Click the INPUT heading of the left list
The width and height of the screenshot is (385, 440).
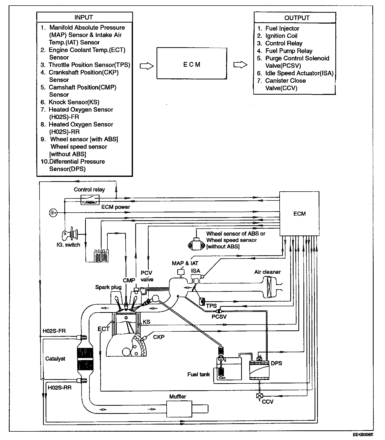[x=84, y=17]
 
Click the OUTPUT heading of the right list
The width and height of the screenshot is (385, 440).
[x=297, y=18]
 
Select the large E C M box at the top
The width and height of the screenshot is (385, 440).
[x=192, y=63]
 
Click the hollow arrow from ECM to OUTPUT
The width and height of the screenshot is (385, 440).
[x=240, y=65]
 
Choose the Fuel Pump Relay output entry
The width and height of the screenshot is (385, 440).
[x=288, y=51]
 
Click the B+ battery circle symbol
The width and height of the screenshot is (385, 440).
[x=53, y=213]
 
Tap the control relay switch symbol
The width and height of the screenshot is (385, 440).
[x=90, y=200]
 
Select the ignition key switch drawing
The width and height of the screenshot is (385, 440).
[x=71, y=234]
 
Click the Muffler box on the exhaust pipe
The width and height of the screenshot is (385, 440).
[x=179, y=409]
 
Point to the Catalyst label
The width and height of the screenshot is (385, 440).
[x=55, y=359]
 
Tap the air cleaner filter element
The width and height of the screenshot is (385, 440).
[x=269, y=287]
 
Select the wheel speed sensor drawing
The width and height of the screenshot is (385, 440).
[x=196, y=244]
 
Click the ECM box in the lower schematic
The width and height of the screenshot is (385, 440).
[x=299, y=214]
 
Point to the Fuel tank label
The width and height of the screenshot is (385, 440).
[x=199, y=374]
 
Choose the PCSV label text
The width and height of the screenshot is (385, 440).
[x=219, y=316]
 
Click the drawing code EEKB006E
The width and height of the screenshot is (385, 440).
[x=363, y=435]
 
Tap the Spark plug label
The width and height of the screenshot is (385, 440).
[x=108, y=287]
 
